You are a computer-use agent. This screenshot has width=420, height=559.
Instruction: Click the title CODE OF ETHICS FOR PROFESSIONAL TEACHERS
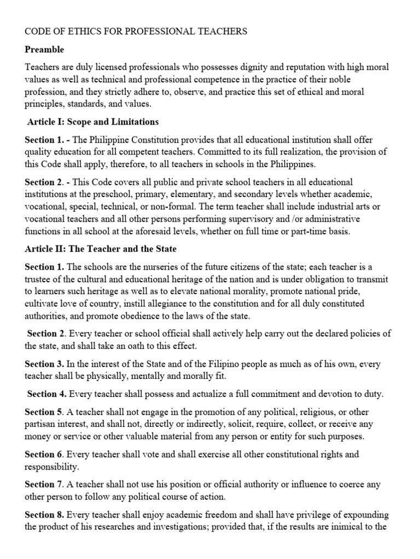click(x=136, y=32)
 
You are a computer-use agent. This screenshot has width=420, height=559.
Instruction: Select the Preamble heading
click(x=44, y=50)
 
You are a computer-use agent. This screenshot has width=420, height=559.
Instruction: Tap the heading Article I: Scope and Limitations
click(x=93, y=122)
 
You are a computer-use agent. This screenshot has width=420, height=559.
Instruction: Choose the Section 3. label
click(x=44, y=364)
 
